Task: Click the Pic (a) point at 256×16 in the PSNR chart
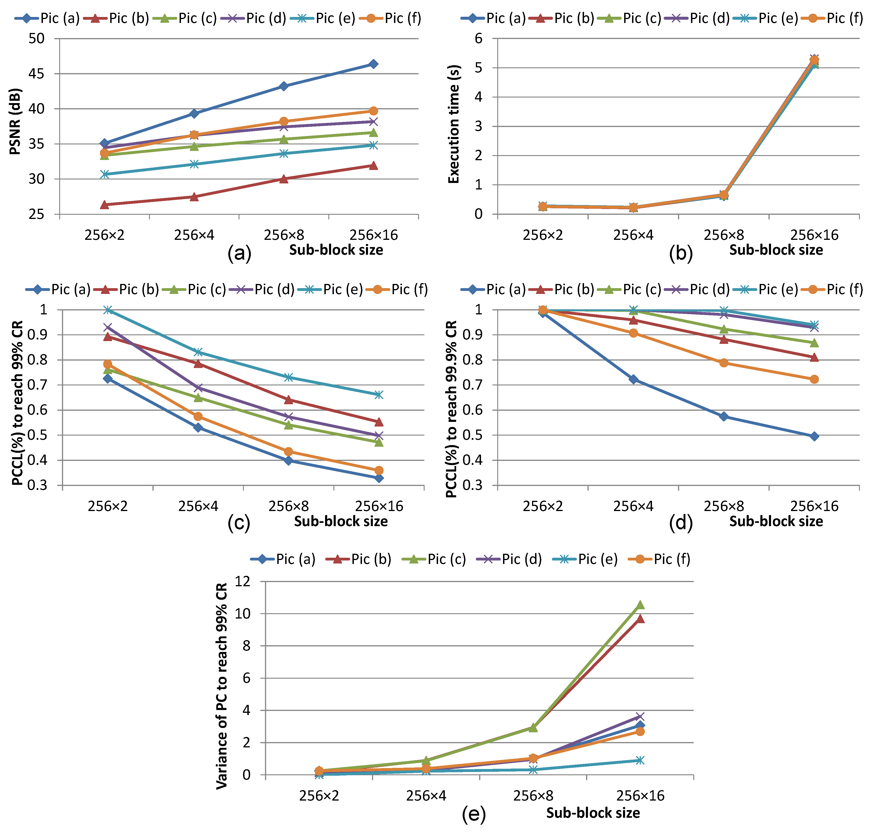(373, 64)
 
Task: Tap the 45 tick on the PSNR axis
(36, 74)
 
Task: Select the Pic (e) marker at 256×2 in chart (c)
(107, 309)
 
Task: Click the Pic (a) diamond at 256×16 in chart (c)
(379, 478)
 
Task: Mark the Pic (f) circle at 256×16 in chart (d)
(814, 379)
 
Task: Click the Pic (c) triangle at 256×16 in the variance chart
(640, 605)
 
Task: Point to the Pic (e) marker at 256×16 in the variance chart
(640, 760)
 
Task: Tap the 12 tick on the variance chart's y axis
(243, 581)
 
